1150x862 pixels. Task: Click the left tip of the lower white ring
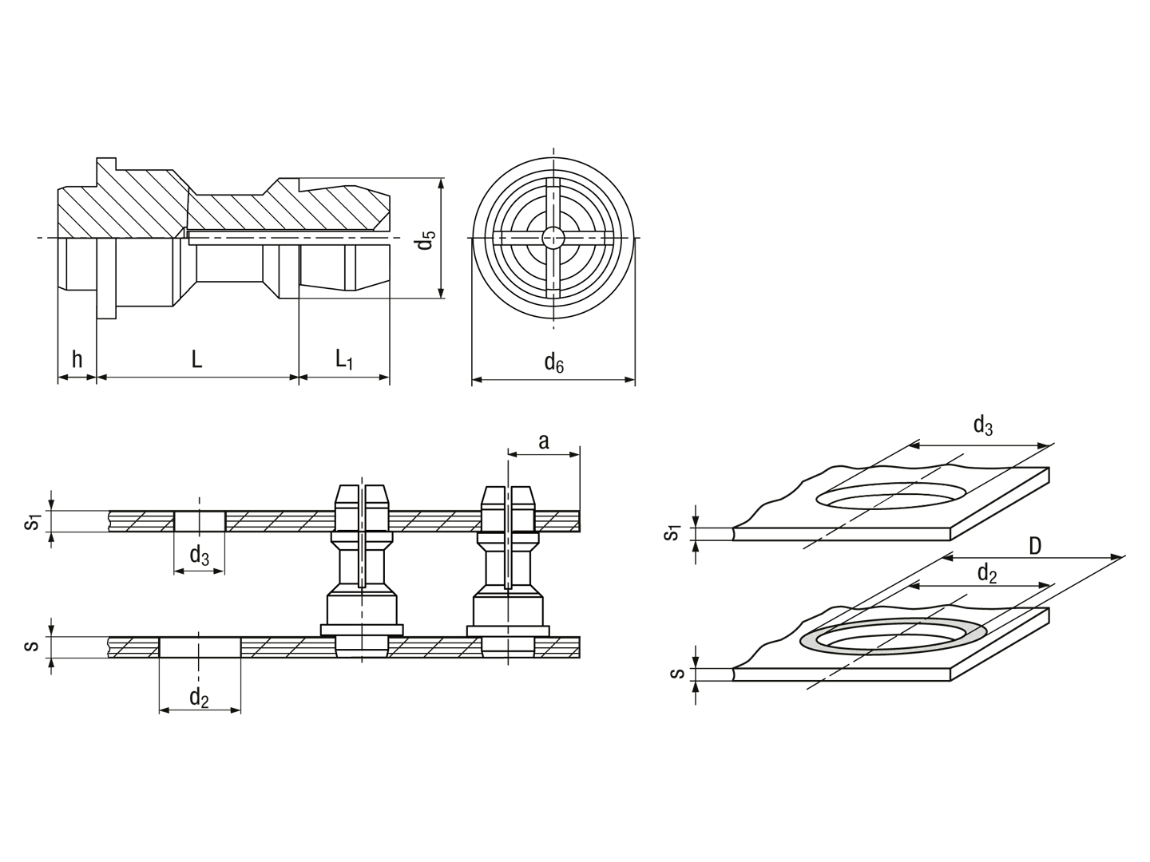point(802,639)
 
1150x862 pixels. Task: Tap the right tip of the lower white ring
point(987,631)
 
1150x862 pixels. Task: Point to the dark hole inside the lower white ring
point(886,635)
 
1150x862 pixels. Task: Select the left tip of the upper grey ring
point(819,500)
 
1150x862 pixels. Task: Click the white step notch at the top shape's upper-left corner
point(73,169)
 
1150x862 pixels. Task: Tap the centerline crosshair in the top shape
point(553,238)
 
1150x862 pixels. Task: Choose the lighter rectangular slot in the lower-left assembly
point(435,520)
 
